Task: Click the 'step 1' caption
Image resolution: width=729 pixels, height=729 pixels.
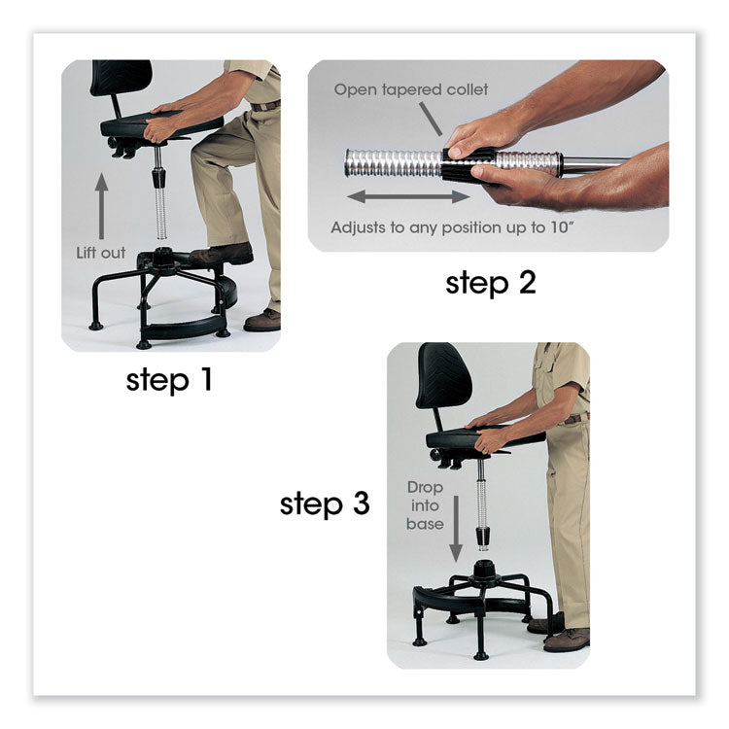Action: [x=168, y=379]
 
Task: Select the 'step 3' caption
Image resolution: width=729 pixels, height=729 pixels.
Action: [x=325, y=504]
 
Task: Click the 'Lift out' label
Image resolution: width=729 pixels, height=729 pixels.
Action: [x=101, y=253]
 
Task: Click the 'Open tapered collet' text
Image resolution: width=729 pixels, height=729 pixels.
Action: [x=411, y=89]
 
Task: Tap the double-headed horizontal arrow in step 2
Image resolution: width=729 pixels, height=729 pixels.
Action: [x=408, y=196]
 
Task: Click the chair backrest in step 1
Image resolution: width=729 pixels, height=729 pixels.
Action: [x=121, y=78]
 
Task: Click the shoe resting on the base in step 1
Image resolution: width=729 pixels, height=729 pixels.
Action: [x=223, y=255]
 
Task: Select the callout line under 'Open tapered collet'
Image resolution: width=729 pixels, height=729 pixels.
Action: [x=429, y=118]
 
